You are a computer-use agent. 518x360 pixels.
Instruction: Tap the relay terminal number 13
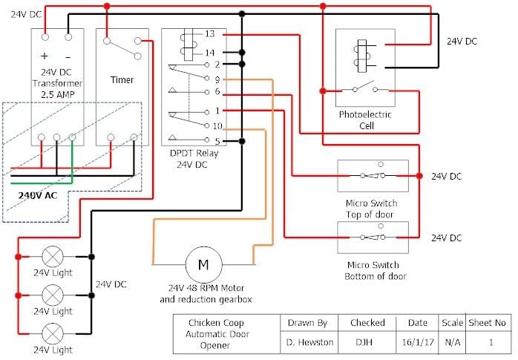click(x=210, y=34)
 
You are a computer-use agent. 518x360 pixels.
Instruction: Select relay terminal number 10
click(x=217, y=126)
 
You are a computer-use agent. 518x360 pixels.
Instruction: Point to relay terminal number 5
click(x=216, y=141)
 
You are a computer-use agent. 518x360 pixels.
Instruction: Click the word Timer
click(x=122, y=79)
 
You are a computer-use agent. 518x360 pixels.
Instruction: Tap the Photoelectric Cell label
click(x=365, y=120)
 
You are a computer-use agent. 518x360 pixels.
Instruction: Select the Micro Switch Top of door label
click(x=372, y=209)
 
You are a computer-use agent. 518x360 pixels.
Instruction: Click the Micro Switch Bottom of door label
click(x=372, y=271)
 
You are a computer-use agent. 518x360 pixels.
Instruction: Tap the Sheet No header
click(x=487, y=323)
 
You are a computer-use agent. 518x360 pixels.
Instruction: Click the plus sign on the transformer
click(x=44, y=56)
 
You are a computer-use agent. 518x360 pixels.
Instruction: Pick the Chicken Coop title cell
click(x=215, y=333)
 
